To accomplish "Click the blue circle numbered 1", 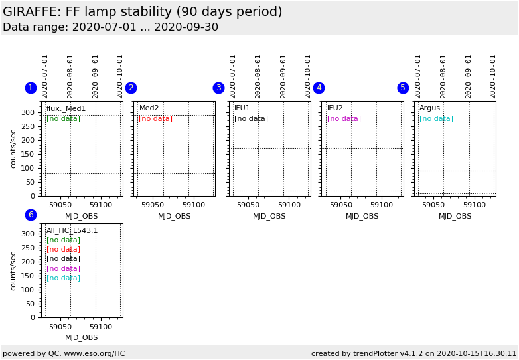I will [x=31, y=88].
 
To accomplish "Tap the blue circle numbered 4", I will [x=319, y=88].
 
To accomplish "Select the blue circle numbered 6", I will [x=31, y=215].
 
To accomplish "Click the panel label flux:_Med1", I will [x=66, y=108].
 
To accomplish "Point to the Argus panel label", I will [x=429, y=108].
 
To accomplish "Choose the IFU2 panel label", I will [x=335, y=108].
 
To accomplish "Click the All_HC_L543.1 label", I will [x=72, y=230].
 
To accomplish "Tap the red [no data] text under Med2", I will [x=155, y=118].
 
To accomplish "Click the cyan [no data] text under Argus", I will [x=436, y=118].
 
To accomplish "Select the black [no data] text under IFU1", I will [x=251, y=118].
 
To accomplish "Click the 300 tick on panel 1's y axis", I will [x=27, y=112].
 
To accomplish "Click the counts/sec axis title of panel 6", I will [x=13, y=270].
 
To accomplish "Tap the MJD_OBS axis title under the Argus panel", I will [x=455, y=216].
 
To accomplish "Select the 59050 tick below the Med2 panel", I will [x=153, y=205].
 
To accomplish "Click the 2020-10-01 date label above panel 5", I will [x=493, y=76].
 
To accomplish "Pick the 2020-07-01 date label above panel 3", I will [x=233, y=76].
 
